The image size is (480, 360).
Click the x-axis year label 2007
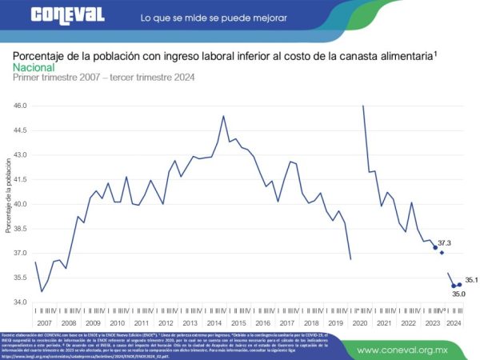pos(45,322)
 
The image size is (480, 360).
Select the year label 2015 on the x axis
pos(238,322)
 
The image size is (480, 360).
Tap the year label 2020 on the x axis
pos(359,322)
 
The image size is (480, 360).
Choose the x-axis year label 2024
pos(454,322)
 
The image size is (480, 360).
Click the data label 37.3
pos(445,242)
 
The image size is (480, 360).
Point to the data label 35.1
pos(471,280)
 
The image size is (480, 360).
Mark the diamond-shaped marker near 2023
pos(442,253)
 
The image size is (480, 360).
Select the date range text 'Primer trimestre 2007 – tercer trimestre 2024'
pos(103,78)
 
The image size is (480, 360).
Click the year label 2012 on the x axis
pos(166,322)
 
